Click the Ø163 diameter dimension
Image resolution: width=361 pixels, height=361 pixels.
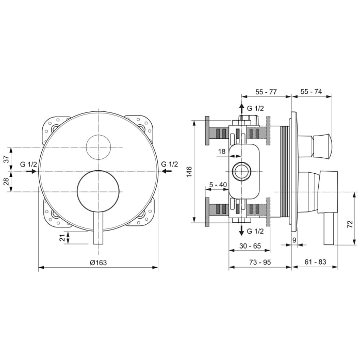98,262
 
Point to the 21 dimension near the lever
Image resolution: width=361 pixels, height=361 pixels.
62,237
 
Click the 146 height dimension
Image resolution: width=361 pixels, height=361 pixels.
189,171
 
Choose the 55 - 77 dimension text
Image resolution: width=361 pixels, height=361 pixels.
267,91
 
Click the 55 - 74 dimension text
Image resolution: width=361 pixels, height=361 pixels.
311,91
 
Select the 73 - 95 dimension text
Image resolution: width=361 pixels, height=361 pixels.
260,262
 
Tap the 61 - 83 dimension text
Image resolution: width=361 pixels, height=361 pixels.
315,262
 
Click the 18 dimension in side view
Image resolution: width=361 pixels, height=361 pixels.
222,151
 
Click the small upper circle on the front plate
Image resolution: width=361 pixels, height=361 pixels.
98,147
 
